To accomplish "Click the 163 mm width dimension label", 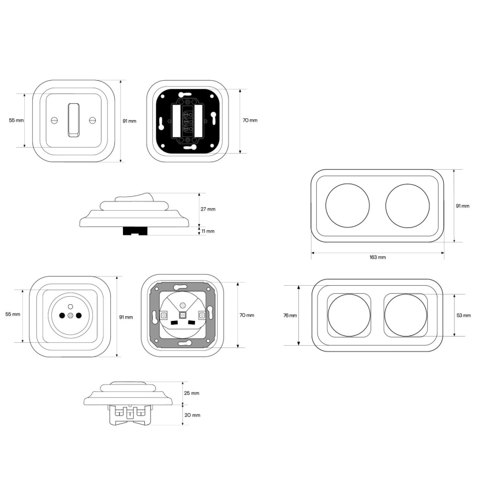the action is (377, 257).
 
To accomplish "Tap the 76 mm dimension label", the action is (290, 315).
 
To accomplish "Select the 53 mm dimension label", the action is (463, 315).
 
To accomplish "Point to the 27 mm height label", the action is (208, 210).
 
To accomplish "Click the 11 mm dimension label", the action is (208, 231).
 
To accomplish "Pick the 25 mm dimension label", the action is (192, 393).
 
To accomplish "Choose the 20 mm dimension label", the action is (192, 415).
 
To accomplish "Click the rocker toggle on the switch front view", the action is (74, 120).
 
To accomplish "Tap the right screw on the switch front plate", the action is (92, 120).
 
